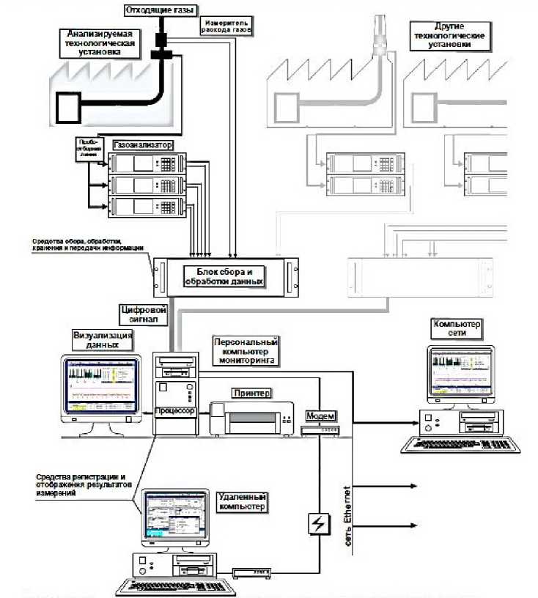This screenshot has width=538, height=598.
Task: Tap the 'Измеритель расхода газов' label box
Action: point(226,26)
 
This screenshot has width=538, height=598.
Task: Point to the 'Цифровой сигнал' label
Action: point(149,314)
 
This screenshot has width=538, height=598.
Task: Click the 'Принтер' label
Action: point(251,393)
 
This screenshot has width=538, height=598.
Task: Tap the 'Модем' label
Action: point(321,416)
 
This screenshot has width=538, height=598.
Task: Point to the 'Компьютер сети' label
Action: point(459,329)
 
